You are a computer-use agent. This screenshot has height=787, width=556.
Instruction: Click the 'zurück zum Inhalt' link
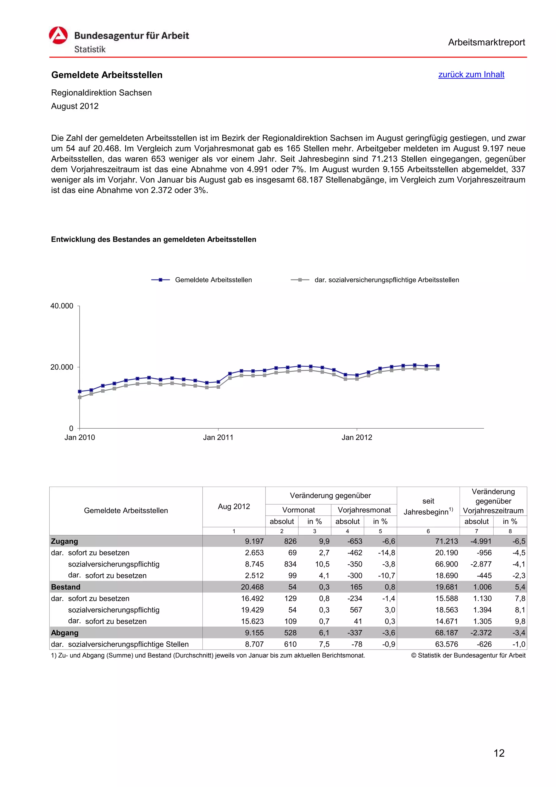coord(471,74)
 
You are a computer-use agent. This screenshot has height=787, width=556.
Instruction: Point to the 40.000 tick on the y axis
coord(62,306)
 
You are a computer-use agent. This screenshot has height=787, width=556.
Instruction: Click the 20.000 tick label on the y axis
coord(62,367)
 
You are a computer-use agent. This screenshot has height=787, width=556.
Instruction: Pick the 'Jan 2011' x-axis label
coord(218,437)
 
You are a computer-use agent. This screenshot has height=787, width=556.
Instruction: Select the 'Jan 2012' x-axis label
coord(357,437)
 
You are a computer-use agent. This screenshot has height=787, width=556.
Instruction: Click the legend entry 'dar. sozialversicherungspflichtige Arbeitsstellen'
coord(386,280)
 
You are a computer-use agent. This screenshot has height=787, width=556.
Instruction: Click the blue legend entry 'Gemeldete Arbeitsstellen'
coord(213,280)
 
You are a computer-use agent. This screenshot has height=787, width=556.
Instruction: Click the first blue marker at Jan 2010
coord(80,391)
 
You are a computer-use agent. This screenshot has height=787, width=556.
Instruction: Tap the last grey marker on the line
coord(438,369)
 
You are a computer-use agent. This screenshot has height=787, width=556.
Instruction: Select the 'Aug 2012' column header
coord(234,506)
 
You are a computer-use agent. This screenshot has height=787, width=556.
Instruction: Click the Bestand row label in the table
coord(66,587)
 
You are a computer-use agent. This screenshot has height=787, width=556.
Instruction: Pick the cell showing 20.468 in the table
coord(252,587)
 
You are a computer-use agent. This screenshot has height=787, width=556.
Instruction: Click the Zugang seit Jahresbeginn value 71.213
coord(446,541)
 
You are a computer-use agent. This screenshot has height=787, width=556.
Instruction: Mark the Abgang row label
coord(65,633)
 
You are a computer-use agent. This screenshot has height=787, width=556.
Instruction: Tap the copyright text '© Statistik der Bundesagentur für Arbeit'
coord(468,655)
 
